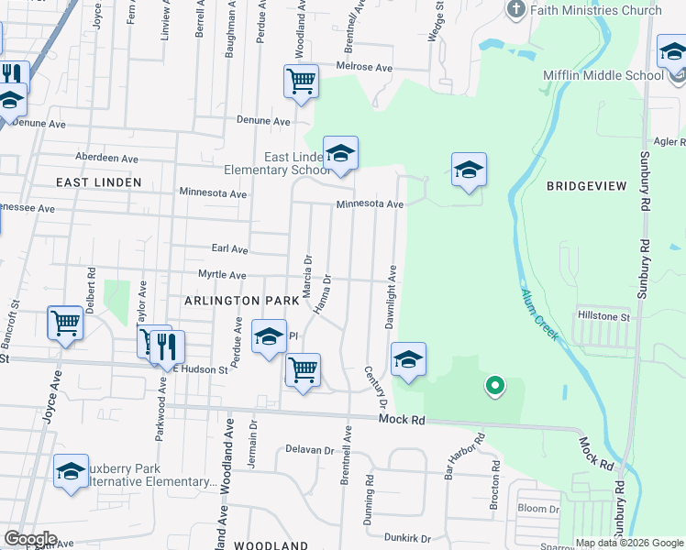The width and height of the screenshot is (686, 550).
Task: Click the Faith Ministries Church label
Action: (x=599, y=10)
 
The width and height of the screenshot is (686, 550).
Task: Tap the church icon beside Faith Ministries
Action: (x=515, y=10)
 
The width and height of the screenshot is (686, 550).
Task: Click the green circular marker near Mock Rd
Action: (x=494, y=386)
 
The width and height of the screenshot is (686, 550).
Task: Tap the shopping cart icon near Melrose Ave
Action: (x=301, y=81)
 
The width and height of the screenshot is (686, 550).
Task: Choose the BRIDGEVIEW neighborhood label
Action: (x=586, y=186)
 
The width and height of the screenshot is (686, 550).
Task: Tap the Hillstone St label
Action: (x=604, y=316)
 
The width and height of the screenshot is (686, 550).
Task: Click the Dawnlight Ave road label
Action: (x=390, y=298)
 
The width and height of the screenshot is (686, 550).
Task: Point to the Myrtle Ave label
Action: (x=222, y=275)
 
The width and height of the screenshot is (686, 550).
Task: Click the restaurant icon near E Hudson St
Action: (x=167, y=346)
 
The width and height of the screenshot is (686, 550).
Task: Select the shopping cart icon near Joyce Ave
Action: (x=66, y=324)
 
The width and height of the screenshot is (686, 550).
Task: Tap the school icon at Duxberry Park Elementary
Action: (x=71, y=471)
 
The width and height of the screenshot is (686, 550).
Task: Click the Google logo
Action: (x=29, y=538)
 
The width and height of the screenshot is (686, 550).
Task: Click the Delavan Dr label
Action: (x=309, y=450)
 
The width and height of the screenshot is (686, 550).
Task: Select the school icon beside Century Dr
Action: (x=409, y=359)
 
